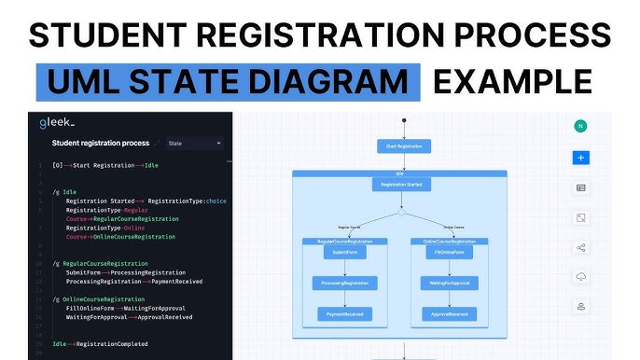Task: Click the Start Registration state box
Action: [x=403, y=146]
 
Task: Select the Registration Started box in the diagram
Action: [x=401, y=185]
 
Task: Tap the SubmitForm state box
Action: [x=345, y=253]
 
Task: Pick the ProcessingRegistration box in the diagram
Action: [x=345, y=284]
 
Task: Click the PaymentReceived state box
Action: [x=345, y=314]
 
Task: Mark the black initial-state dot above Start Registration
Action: [x=403, y=120]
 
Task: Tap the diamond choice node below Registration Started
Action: [x=401, y=212]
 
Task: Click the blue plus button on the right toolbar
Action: [x=580, y=158]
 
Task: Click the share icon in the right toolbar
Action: [x=580, y=247]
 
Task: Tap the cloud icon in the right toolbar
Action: [x=580, y=277]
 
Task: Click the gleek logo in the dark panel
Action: [x=57, y=123]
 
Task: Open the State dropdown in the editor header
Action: [x=194, y=144]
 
